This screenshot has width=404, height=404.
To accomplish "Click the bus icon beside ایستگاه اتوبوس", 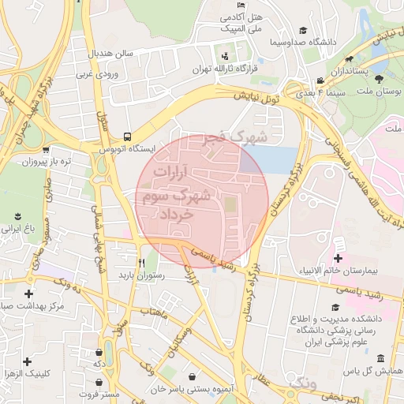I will coord(128,135).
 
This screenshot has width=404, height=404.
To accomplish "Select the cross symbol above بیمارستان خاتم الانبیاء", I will coord(339,259).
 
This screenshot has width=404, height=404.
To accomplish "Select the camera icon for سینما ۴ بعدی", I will coord(319,81).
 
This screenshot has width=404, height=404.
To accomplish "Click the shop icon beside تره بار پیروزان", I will coord(46,148).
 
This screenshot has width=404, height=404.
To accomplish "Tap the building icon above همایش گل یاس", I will coord(380,357).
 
